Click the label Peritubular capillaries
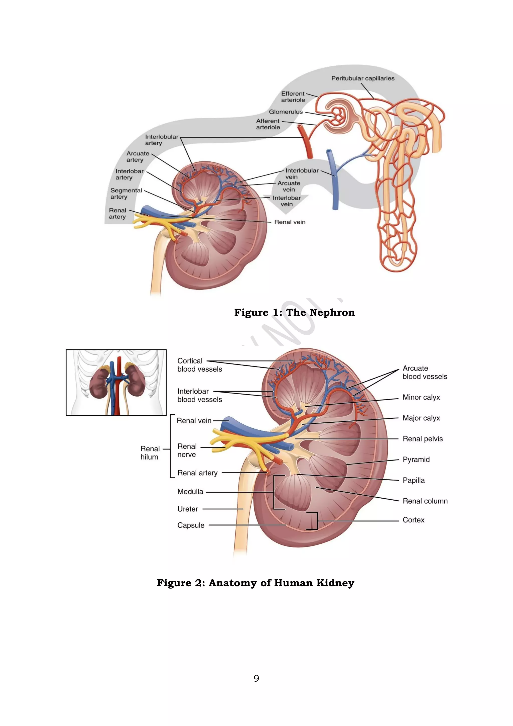point(363,78)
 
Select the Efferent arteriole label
point(293,97)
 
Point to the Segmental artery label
point(126,194)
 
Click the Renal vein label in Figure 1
point(290,222)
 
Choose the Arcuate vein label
point(289,186)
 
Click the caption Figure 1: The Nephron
point(294,312)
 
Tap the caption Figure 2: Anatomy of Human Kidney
point(255,583)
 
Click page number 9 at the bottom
point(256,678)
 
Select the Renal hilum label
point(150,453)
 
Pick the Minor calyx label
point(421,397)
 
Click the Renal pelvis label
point(423,439)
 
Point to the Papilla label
point(414,480)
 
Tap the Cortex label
point(413,520)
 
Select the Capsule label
point(191,525)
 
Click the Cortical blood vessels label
point(199,365)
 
